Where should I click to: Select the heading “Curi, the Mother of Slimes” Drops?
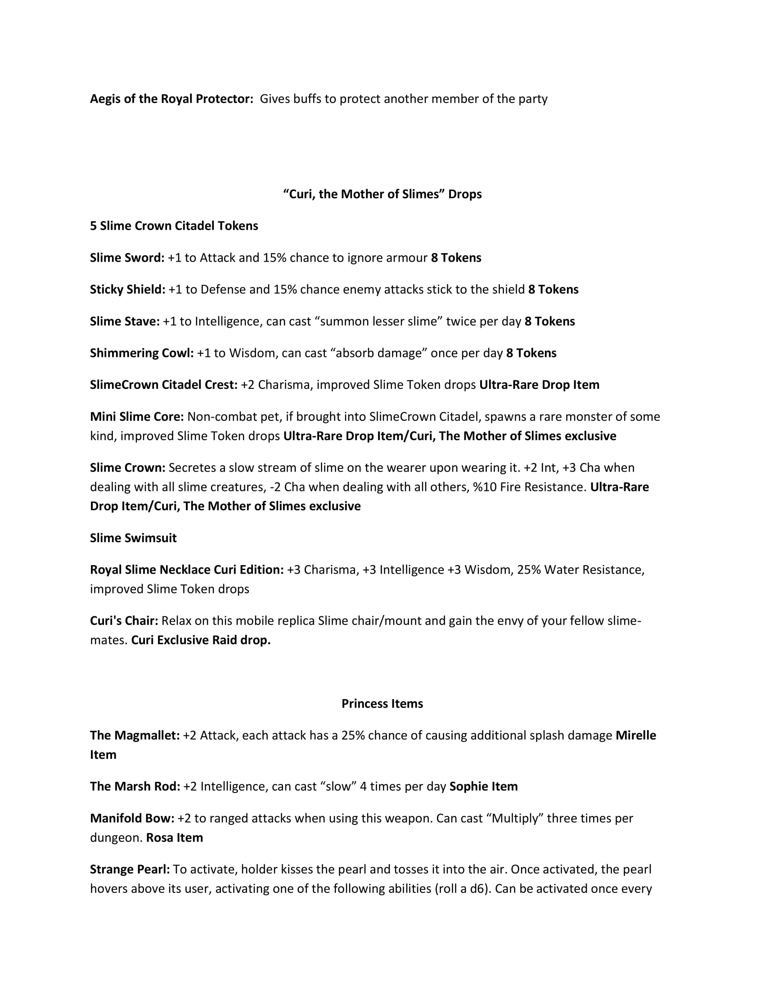(x=382, y=194)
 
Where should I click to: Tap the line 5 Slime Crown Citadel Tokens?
(x=174, y=226)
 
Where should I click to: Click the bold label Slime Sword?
(x=127, y=258)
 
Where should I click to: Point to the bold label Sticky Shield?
(x=127, y=290)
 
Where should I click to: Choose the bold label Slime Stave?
(x=125, y=321)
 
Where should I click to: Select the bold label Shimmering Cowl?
(x=142, y=353)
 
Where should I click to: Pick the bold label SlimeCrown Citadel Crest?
(x=164, y=384)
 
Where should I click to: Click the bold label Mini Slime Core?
(x=137, y=416)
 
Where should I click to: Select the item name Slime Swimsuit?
(x=133, y=538)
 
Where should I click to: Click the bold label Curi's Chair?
(x=124, y=620)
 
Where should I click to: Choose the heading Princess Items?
(x=382, y=703)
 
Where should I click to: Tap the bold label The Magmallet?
(x=135, y=735)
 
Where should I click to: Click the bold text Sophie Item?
(x=483, y=786)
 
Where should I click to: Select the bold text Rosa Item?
(x=175, y=838)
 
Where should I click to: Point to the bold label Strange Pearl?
(x=130, y=869)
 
